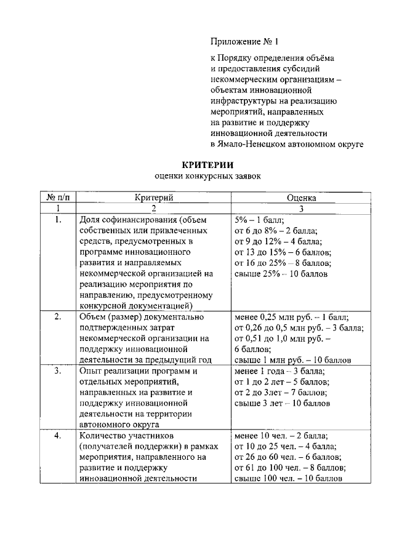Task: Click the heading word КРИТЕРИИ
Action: click(207, 164)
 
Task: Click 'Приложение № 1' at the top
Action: click(244, 42)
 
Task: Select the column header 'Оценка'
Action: click(302, 198)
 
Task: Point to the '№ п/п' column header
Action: click(57, 198)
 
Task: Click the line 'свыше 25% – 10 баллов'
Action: click(281, 273)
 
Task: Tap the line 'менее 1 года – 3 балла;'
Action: click(280, 372)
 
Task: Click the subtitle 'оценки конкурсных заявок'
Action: click(207, 176)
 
